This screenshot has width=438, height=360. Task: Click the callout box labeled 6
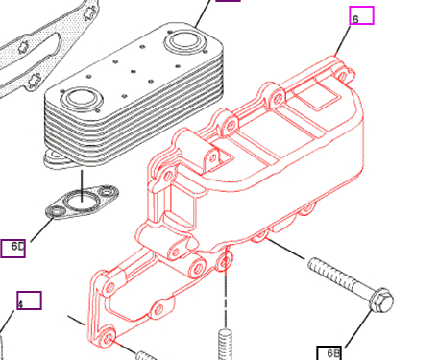click(x=360, y=15)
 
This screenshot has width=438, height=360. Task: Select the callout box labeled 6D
click(x=13, y=249)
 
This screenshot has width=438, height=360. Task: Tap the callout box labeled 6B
click(x=330, y=352)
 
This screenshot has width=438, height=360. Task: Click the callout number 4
click(x=19, y=305)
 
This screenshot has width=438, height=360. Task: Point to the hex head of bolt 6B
click(x=380, y=300)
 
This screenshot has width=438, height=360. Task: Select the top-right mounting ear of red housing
click(x=336, y=64)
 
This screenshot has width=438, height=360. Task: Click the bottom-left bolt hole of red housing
click(x=106, y=335)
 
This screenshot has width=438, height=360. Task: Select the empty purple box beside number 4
click(x=30, y=300)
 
